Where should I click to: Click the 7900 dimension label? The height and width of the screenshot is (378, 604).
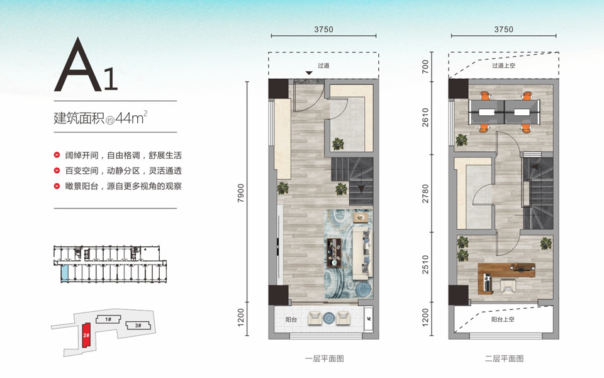point(241,193)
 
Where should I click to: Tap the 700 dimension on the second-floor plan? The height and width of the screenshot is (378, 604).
point(425,67)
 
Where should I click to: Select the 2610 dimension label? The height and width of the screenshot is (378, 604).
point(425,117)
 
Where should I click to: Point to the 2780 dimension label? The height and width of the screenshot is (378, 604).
point(425,193)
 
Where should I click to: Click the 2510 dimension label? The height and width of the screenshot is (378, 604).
point(425,265)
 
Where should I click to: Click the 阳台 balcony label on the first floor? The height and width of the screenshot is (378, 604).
point(291,319)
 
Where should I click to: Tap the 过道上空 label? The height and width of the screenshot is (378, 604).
point(503,66)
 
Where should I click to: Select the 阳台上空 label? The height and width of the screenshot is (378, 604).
point(503,319)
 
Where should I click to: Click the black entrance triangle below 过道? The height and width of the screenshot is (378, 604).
point(309,73)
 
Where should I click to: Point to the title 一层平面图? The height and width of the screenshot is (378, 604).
point(325,358)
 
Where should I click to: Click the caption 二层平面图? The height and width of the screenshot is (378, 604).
point(504,358)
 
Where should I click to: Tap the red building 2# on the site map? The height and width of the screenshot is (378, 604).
point(86,335)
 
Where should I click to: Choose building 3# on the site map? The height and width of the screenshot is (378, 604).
point(138,326)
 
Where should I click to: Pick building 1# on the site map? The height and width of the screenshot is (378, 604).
point(108,319)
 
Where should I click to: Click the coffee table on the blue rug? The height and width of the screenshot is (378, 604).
point(334,252)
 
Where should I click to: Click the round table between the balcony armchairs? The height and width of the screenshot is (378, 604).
point(329,318)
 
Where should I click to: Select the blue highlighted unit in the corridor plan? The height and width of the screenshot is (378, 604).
point(65,272)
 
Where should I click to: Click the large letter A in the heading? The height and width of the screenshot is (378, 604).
point(79,64)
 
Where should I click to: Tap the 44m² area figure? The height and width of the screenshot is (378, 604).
point(131,117)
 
